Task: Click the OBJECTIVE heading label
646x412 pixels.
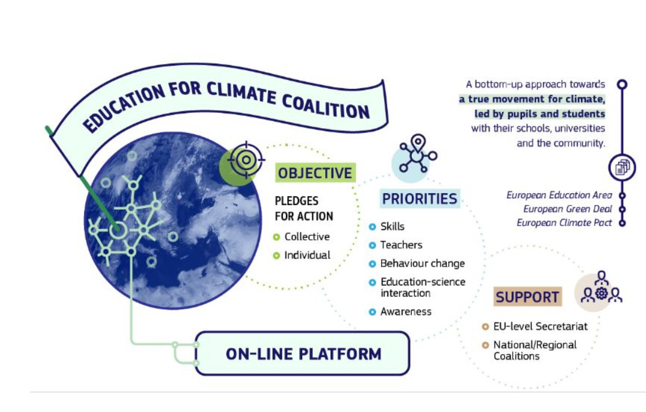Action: (315, 173)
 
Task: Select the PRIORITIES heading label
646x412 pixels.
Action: (420, 199)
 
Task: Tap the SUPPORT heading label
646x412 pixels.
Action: (527, 297)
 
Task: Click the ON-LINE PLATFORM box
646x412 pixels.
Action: (302, 354)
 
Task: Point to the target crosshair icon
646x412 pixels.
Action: (246, 160)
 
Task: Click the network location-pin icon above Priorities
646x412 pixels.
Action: (418, 153)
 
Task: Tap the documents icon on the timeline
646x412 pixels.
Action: (622, 168)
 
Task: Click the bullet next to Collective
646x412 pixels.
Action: (277, 237)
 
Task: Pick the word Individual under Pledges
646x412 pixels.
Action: (307, 255)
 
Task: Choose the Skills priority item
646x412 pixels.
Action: (392, 226)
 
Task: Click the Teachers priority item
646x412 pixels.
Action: (401, 244)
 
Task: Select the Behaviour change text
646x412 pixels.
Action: (423, 264)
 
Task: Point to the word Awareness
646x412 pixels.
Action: (406, 311)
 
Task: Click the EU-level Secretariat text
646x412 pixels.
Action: (540, 326)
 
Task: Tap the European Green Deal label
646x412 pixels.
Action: (567, 209)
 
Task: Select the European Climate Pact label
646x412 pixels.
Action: (564, 222)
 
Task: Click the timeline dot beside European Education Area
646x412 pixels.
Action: (622, 196)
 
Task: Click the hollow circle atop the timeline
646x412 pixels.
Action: (622, 85)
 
